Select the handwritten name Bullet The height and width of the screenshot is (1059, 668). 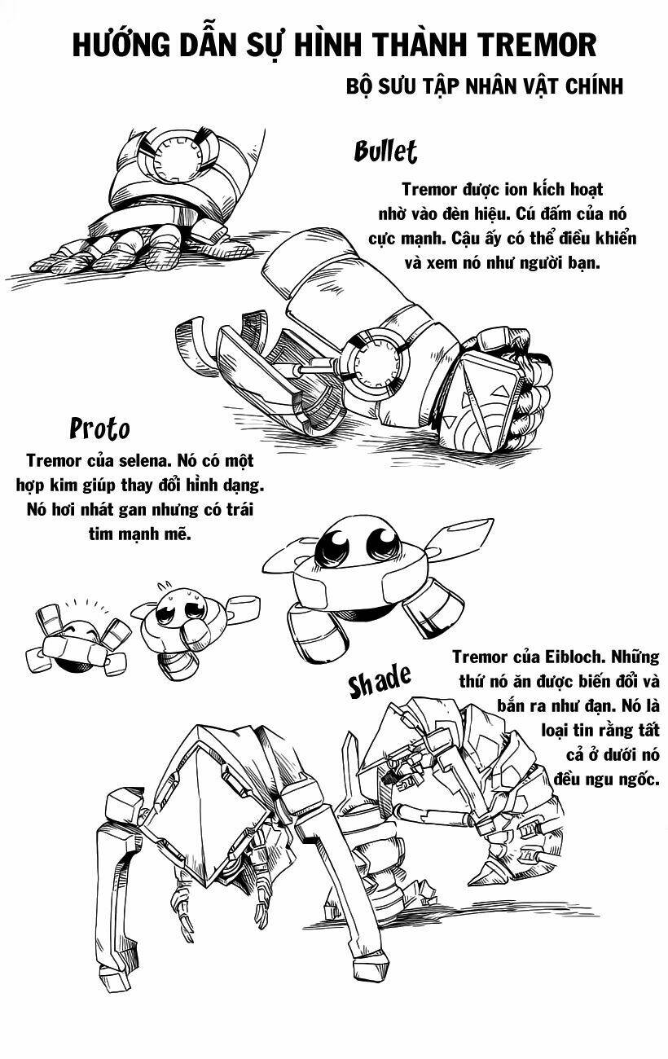pos(385,151)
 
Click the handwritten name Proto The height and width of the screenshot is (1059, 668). pos(99,428)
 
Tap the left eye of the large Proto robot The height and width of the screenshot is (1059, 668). pos(336,544)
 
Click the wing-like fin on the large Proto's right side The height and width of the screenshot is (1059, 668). pos(446,543)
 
